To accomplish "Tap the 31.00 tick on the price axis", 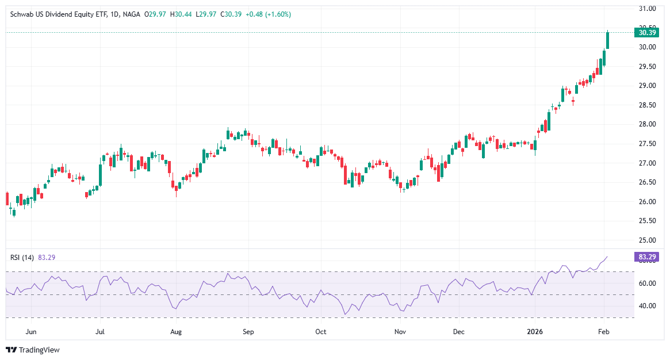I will point(649,9).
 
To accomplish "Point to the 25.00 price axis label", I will point(649,240).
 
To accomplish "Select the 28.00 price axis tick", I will point(649,124).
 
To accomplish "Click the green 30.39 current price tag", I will point(648,33).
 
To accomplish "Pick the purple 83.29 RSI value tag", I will point(648,256).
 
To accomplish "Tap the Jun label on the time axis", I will point(31,332).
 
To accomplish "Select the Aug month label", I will point(176,332).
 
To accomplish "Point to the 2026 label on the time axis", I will point(535,332).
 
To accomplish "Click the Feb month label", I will point(603,332).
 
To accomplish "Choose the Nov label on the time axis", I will point(401,332).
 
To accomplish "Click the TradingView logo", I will point(33,350).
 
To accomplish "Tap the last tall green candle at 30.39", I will point(608,40).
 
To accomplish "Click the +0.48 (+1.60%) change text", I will point(268,14).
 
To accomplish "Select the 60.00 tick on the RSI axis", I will point(649,284).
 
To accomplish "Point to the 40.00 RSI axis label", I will point(649,306).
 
